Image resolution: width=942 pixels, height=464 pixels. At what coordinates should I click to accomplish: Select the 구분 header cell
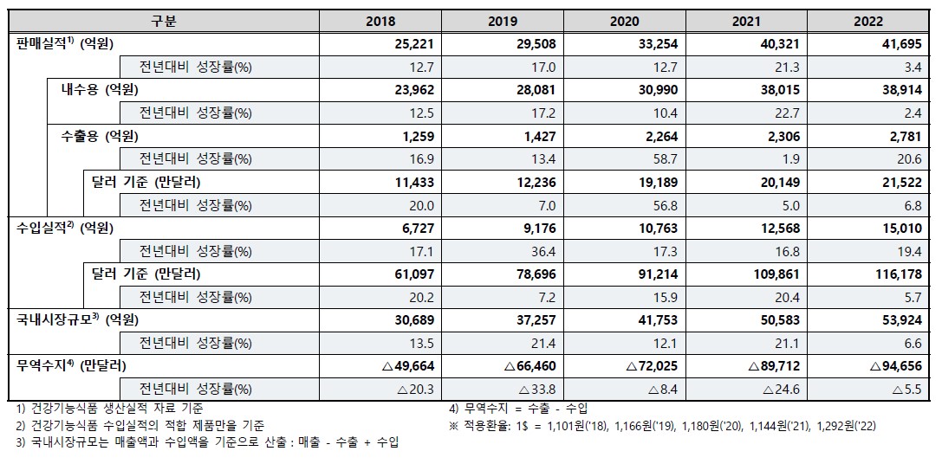pos(163,22)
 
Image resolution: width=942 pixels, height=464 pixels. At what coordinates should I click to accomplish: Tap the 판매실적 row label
pos(65,44)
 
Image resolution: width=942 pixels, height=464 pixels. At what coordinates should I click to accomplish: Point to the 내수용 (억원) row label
pos(99,89)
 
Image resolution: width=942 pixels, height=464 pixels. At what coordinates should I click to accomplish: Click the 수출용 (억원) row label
pos(99,135)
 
